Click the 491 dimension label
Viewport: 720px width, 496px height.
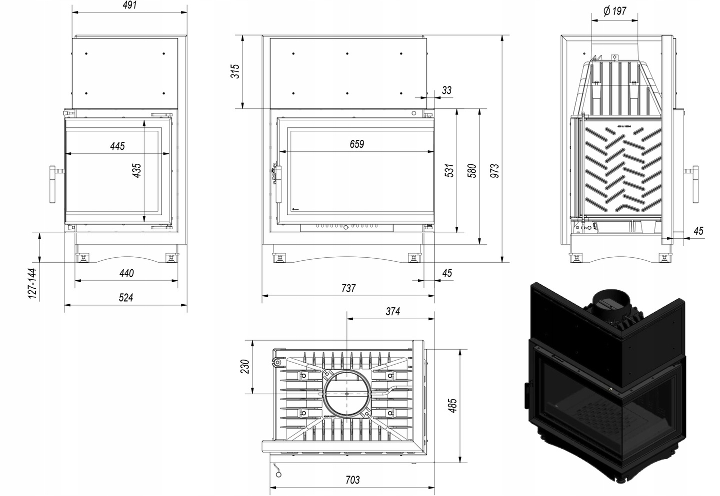pyautogui.click(x=129, y=5)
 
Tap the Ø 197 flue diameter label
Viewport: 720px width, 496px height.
pyautogui.click(x=615, y=11)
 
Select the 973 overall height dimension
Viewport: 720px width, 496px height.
pyautogui.click(x=494, y=171)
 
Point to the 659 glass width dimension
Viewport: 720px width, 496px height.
pyautogui.click(x=356, y=144)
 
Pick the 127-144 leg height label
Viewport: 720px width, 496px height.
pyautogui.click(x=32, y=283)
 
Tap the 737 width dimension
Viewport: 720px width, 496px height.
pyautogui.click(x=348, y=288)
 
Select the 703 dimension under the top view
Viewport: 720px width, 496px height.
pyautogui.click(x=352, y=480)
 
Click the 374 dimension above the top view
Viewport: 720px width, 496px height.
pyautogui.click(x=392, y=311)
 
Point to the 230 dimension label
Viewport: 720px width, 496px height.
pyautogui.click(x=245, y=367)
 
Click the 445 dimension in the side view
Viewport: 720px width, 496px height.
pyautogui.click(x=117, y=146)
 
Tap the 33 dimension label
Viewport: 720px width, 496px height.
pyautogui.click(x=446, y=90)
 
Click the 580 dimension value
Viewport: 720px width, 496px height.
pyautogui.click(x=472, y=171)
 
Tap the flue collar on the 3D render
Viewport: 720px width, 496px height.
pyautogui.click(x=610, y=305)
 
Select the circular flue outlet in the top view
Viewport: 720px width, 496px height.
pyautogui.click(x=347, y=394)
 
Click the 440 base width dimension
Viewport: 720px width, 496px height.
pyautogui.click(x=126, y=273)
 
